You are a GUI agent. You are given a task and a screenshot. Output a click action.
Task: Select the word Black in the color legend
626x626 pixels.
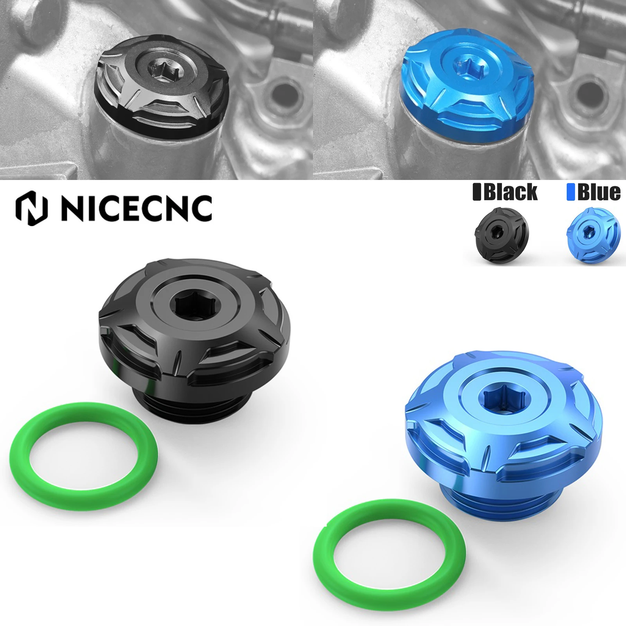tap(511, 192)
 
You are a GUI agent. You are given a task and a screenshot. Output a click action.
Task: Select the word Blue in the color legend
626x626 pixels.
tap(599, 192)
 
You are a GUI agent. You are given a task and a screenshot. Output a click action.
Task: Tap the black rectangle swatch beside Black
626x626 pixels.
tap(477, 192)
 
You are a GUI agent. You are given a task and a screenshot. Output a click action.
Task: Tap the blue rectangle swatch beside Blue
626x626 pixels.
tap(570, 192)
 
